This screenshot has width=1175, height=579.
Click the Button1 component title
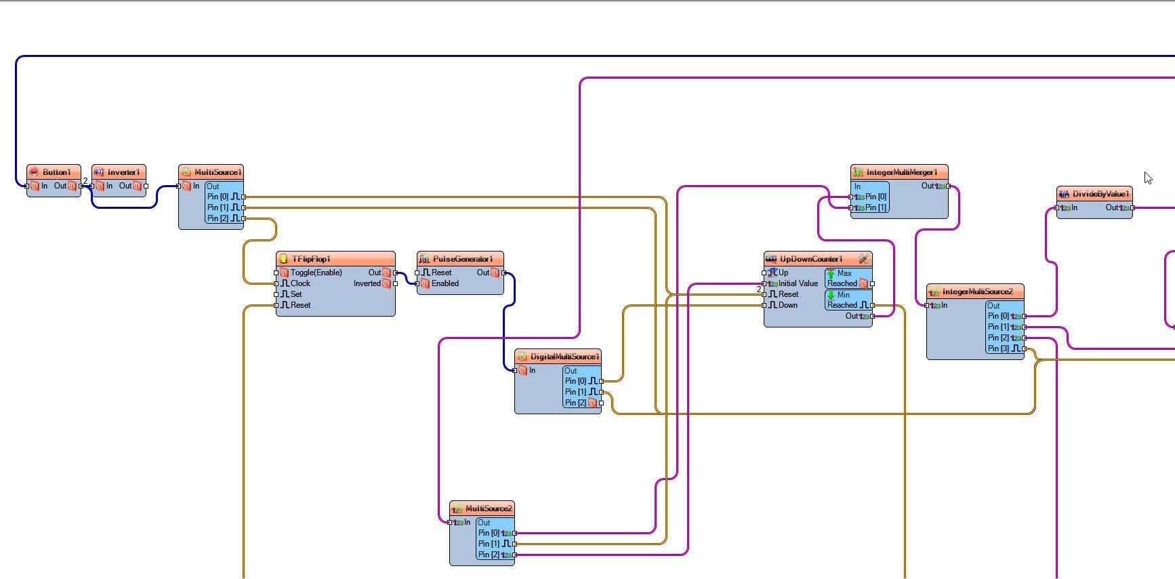[x=56, y=172]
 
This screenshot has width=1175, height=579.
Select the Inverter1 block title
[x=123, y=172]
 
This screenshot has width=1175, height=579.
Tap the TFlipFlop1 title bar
[x=311, y=259]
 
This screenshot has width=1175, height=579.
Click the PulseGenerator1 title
[x=462, y=259]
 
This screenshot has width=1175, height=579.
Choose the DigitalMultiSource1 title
[x=564, y=357]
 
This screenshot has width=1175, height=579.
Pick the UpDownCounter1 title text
[x=811, y=259]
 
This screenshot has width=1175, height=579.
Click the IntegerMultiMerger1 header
[x=901, y=172]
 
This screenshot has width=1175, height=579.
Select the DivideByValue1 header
[x=1100, y=194]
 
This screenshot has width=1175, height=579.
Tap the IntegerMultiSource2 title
[x=977, y=292]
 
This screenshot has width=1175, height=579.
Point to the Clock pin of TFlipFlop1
[x=300, y=283]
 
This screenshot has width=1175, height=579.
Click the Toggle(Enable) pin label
[x=316, y=273]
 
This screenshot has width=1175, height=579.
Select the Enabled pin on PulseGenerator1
[x=445, y=283]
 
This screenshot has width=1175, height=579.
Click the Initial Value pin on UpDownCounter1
[x=798, y=283]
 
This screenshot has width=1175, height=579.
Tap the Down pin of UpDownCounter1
[x=787, y=305]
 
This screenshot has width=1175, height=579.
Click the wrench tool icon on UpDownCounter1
[x=863, y=259]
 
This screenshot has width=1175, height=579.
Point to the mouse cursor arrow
[x=1147, y=178]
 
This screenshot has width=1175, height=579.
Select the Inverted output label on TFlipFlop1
[x=367, y=283]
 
